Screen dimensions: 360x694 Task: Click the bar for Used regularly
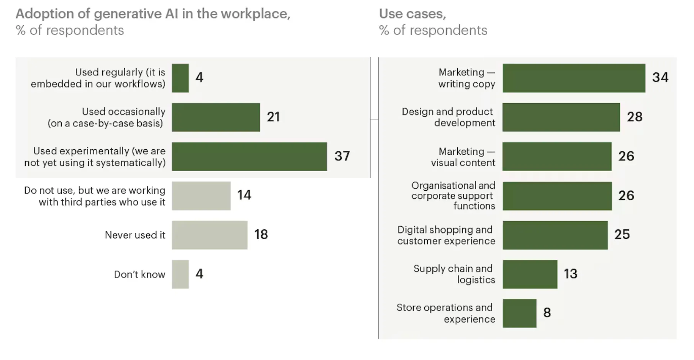coord(180,78)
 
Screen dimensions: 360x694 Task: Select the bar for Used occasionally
coord(216,117)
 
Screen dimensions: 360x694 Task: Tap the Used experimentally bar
coord(249,157)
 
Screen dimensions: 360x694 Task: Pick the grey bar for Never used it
coord(210,235)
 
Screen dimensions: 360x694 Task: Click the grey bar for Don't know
coord(180,274)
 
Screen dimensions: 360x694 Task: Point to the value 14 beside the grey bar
coord(244,195)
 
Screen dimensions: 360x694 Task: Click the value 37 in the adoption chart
coord(342,156)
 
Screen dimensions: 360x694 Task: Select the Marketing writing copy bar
coord(574,78)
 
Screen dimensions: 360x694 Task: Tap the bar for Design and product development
coord(561,117)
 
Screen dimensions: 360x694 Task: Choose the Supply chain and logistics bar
coord(530,274)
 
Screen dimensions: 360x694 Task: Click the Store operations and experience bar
coord(519,313)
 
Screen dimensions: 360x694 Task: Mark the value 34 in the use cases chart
coord(660,78)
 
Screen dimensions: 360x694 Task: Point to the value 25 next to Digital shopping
coord(622,234)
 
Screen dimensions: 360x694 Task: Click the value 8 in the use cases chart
coord(547,313)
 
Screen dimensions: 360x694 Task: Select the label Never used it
coord(135,235)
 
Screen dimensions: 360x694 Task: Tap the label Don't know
coord(139,275)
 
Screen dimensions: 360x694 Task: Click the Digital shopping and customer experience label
coord(446,235)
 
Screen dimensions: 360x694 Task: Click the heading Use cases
coord(412,14)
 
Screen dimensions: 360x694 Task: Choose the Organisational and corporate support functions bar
coord(557,196)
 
